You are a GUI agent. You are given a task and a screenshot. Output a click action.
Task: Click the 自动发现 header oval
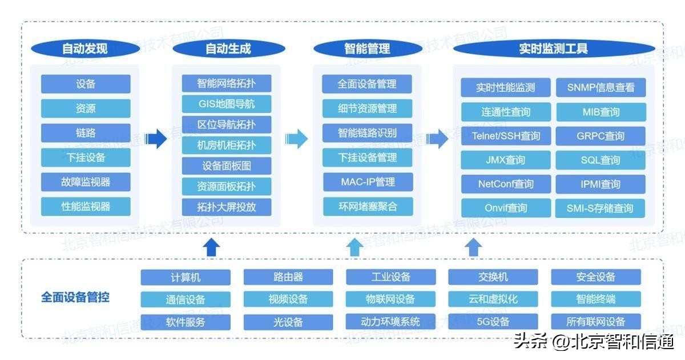pos(85,48)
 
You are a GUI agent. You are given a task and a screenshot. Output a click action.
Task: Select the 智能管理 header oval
pos(368,48)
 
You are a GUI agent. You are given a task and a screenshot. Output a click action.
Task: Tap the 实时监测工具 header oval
pos(553,48)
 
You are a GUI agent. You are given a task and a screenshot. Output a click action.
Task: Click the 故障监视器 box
pos(86,182)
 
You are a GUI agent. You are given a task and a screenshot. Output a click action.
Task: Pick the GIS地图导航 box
pos(227,104)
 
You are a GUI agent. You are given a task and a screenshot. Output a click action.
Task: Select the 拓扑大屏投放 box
pos(227,207)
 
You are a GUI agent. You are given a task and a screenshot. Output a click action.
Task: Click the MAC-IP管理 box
pos(368,182)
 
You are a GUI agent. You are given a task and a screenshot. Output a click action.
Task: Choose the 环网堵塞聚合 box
pos(368,206)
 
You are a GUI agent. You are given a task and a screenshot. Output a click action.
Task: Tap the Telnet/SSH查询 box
pos(506,136)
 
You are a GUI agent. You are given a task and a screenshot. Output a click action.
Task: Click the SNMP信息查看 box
pos(601,87)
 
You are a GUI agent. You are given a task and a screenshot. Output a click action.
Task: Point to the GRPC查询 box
pos(601,136)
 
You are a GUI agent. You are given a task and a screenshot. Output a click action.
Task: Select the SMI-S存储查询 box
pos(601,208)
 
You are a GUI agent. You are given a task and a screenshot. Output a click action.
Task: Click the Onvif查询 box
pos(506,208)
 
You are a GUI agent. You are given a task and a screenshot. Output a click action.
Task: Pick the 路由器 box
pos(288,277)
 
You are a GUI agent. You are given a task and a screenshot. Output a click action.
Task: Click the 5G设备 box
pos(493,322)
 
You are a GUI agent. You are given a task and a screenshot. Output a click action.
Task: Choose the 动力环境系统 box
pos(390,322)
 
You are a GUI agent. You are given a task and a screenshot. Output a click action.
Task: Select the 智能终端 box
pos(596,299)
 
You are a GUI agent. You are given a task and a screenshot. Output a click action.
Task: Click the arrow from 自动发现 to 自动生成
pos(155,137)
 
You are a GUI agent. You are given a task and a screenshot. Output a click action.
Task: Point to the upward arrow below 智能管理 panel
pos(354,247)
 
